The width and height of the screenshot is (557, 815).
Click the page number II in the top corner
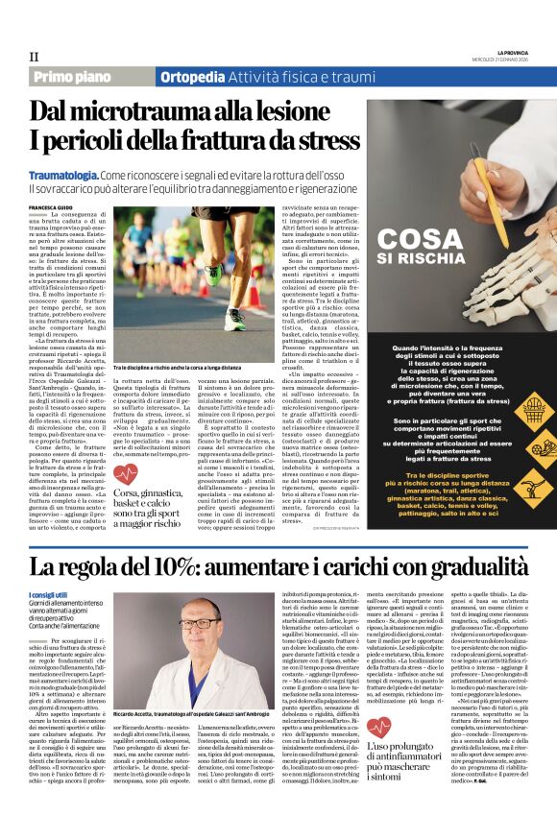[x=35, y=57]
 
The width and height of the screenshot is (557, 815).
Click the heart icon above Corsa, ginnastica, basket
[x=123, y=471]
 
